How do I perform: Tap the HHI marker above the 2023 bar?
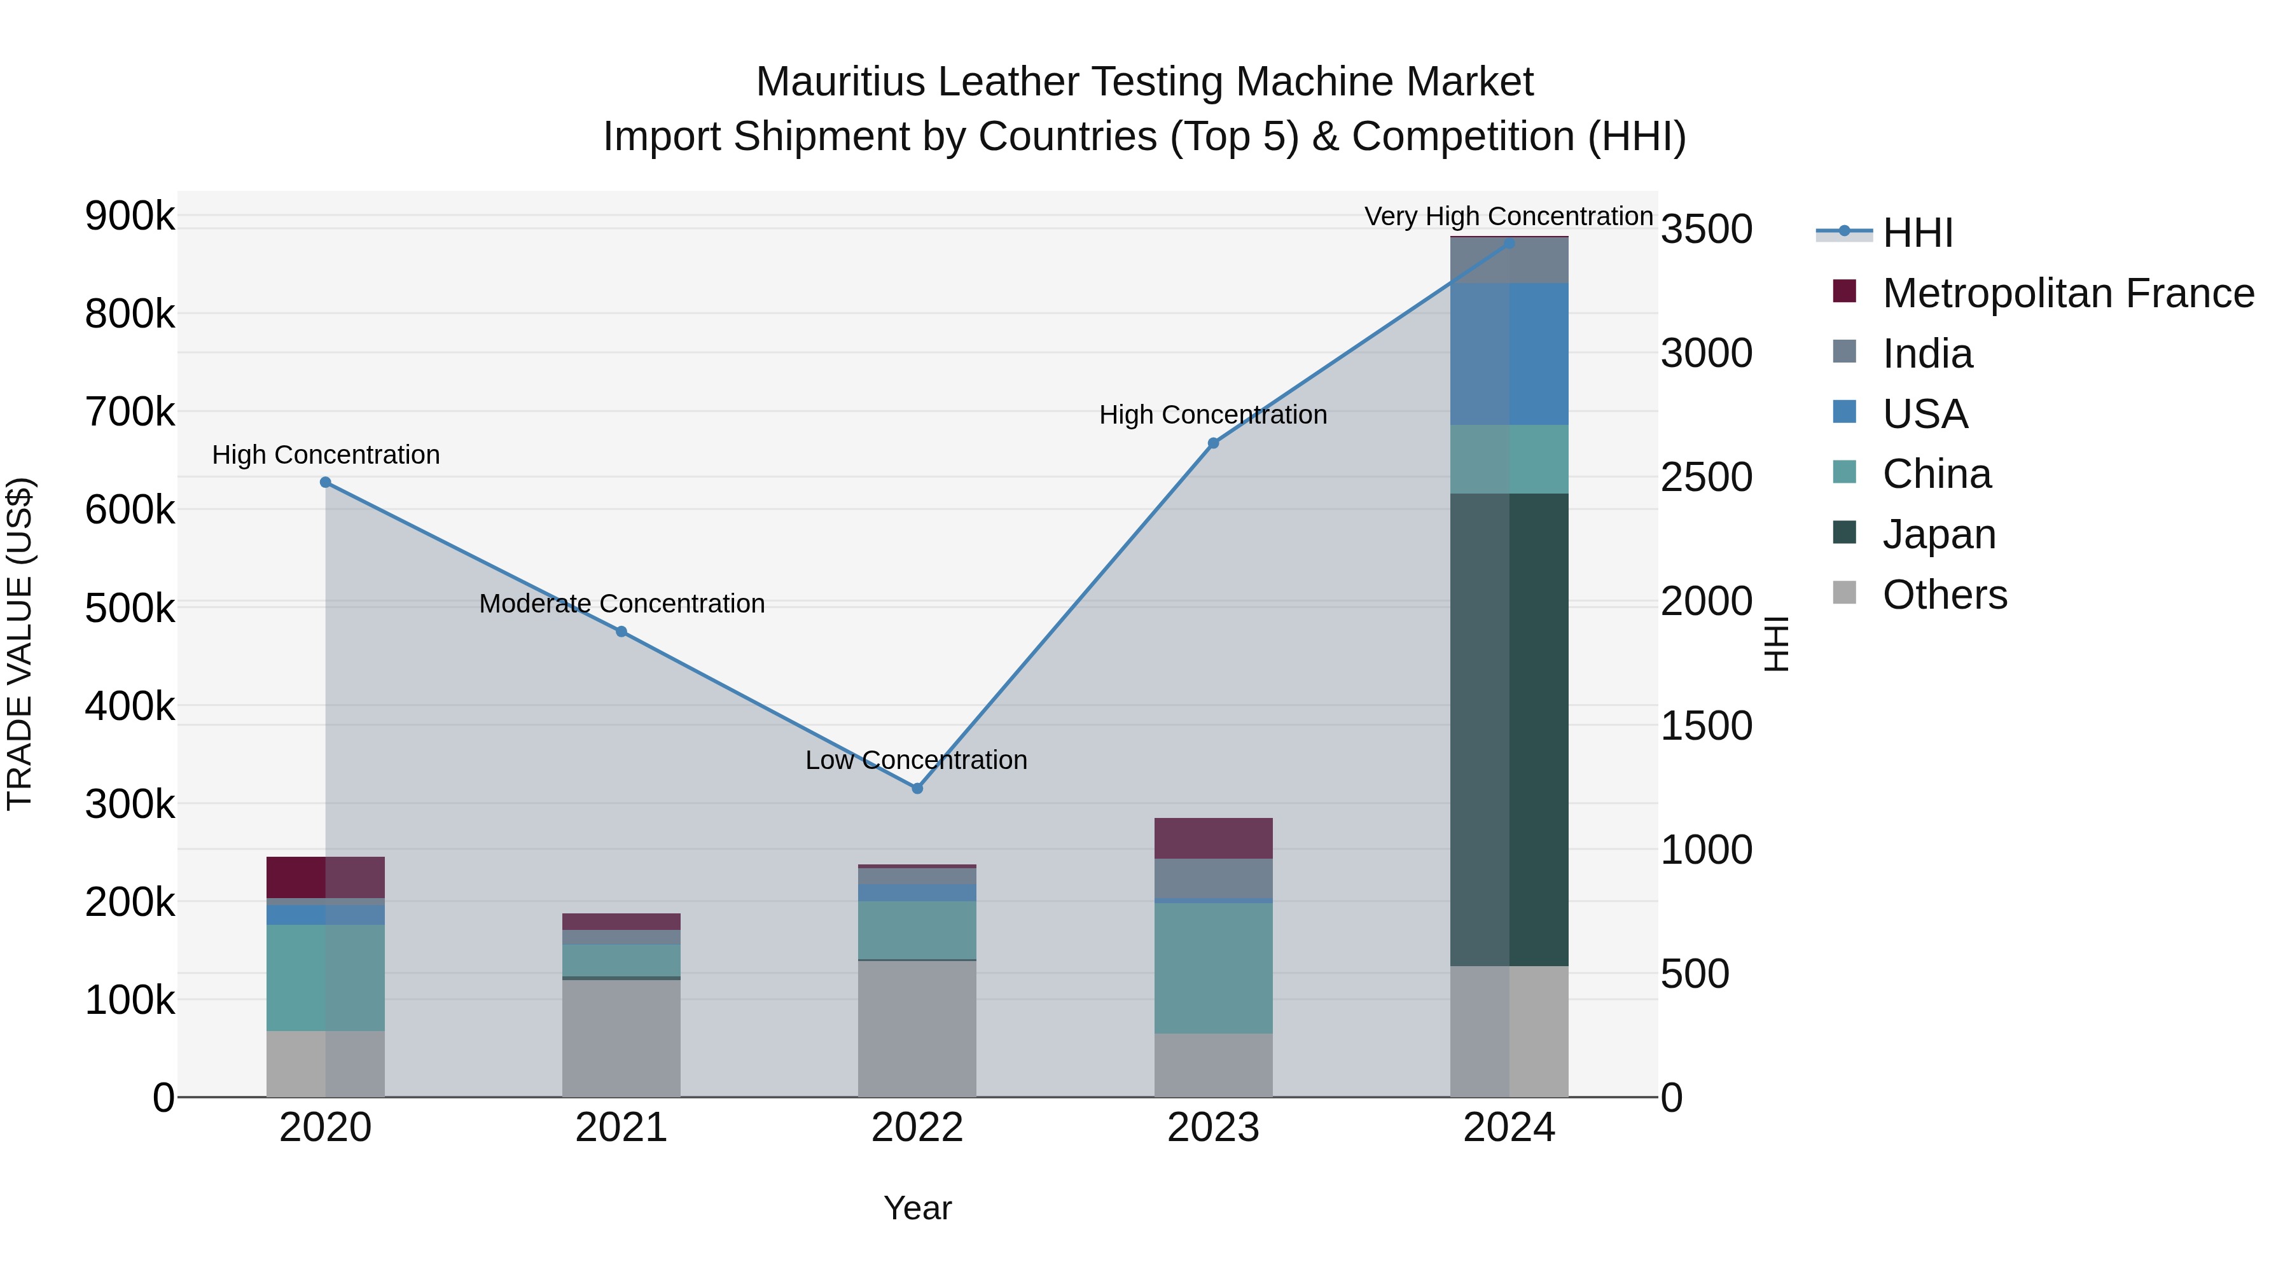tap(1214, 443)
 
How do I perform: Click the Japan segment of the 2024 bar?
tap(1509, 729)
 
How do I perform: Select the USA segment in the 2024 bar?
tap(1509, 354)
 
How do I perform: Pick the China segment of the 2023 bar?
tap(1214, 968)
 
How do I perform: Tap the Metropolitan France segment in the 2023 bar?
tap(1214, 838)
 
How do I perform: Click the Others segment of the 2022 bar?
tap(917, 1028)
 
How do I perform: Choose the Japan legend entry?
tap(1939, 534)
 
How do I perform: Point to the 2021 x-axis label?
tap(621, 1128)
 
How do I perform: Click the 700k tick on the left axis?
tap(130, 412)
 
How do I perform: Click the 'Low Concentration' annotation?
tap(917, 760)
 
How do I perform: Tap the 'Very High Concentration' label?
tap(1509, 216)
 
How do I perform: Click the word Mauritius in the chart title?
tap(840, 82)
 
